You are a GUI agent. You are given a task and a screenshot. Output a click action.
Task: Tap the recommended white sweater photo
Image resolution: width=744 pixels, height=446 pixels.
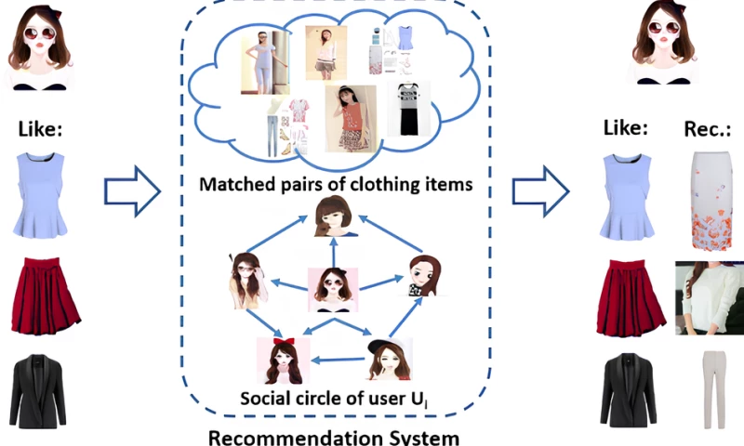pos(708,297)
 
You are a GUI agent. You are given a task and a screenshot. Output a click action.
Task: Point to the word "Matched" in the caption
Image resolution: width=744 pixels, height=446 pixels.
pos(239,183)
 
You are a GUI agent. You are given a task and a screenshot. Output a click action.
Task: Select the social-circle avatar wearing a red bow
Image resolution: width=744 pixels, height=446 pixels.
pos(280,361)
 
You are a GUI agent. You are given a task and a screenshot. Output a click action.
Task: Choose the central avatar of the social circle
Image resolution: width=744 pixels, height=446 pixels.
pos(333,289)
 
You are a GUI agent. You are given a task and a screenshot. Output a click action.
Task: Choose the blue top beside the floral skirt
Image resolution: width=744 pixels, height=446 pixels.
pos(625,196)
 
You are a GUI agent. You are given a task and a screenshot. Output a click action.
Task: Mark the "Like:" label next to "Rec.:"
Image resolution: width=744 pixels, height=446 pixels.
pos(625,129)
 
